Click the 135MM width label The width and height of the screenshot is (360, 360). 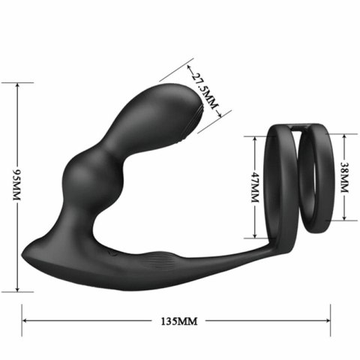click(179, 321)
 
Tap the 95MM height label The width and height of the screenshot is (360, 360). click(16, 184)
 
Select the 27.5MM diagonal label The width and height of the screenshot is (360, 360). click(204, 91)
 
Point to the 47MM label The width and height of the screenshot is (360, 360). click(255, 187)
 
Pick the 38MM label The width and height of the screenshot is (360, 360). click(344, 177)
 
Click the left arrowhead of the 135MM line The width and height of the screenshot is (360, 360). click(25, 320)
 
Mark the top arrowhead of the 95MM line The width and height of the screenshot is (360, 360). click(17, 85)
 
